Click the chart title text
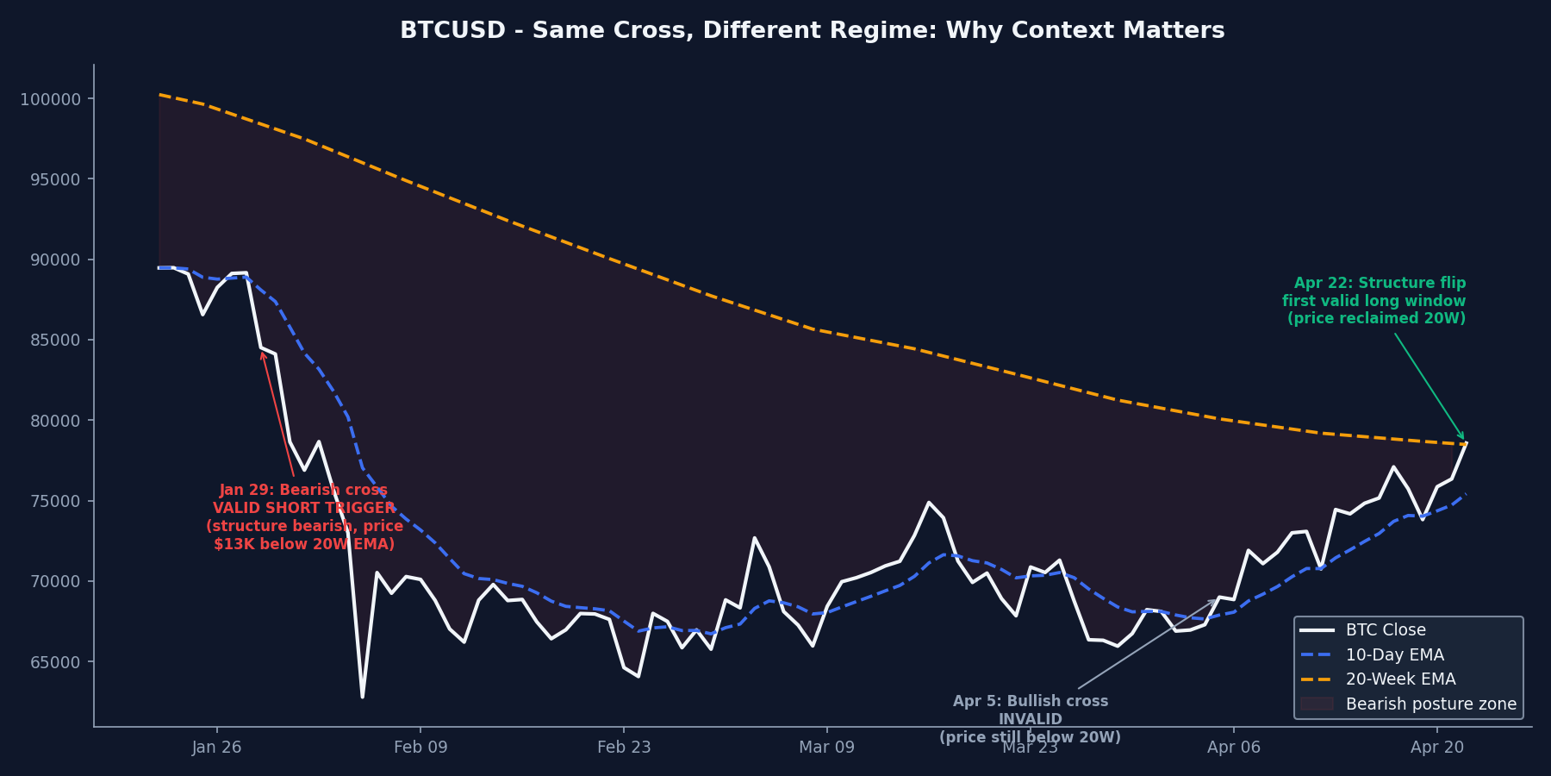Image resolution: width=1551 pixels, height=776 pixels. pyautogui.click(x=812, y=31)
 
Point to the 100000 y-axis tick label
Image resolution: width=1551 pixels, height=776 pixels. pyautogui.click(x=51, y=99)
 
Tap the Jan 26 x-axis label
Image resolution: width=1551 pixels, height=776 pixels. pyautogui.click(x=216, y=748)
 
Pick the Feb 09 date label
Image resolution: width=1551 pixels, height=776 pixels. pyautogui.click(x=420, y=748)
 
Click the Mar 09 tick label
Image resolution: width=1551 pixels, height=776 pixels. pyautogui.click(x=826, y=748)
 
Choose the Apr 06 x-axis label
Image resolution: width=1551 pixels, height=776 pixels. pyautogui.click(x=1233, y=748)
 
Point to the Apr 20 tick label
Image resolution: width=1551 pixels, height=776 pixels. pyautogui.click(x=1436, y=748)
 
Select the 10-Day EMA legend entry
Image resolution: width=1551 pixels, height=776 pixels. pyautogui.click(x=1394, y=655)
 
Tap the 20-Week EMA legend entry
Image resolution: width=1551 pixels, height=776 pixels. pyautogui.click(x=1400, y=679)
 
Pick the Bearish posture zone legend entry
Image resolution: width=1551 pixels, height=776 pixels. pyautogui.click(x=1430, y=704)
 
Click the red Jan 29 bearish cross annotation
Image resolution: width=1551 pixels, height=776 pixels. pyautogui.click(x=304, y=517)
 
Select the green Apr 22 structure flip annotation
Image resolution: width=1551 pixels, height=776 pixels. pyautogui.click(x=1373, y=301)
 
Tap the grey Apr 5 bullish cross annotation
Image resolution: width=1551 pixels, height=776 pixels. pyautogui.click(x=1030, y=719)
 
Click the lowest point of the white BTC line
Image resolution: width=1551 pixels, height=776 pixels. pyautogui.click(x=362, y=697)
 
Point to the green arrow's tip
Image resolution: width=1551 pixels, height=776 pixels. pyautogui.click(x=1464, y=441)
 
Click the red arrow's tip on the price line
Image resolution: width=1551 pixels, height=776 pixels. pyautogui.click(x=262, y=351)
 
